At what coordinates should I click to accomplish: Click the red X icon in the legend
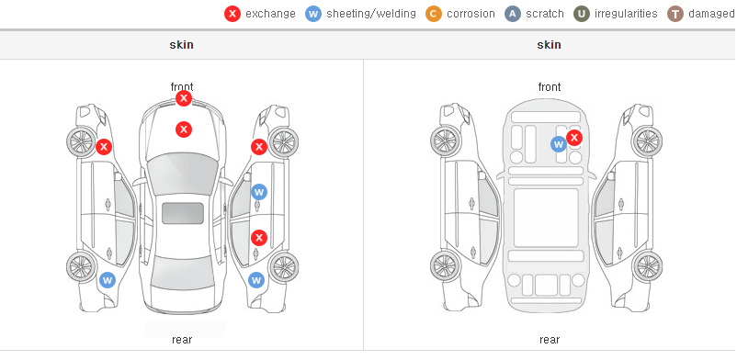click(x=232, y=14)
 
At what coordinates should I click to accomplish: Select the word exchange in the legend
click(x=270, y=14)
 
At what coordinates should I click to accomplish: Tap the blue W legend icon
click(x=313, y=14)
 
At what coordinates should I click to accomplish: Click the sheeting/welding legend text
click(x=371, y=14)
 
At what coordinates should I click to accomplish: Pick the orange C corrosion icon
click(x=434, y=14)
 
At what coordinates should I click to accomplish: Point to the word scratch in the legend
click(x=545, y=14)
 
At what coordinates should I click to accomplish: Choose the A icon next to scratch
click(x=513, y=14)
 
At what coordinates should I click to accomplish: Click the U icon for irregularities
click(x=582, y=14)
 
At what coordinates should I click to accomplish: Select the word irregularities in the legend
click(x=626, y=14)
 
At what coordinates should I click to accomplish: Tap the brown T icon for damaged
click(x=675, y=14)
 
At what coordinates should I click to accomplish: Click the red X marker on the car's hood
click(x=184, y=129)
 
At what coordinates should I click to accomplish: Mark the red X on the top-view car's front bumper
click(x=184, y=98)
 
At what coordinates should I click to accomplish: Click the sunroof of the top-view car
click(x=183, y=213)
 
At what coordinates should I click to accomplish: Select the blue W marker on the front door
click(x=259, y=192)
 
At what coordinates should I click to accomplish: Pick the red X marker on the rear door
click(x=259, y=237)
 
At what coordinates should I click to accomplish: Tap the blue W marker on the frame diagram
click(x=559, y=144)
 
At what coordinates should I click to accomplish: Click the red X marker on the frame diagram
click(x=574, y=138)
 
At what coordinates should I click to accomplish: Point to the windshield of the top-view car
click(x=183, y=174)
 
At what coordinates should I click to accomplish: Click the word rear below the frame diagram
click(x=550, y=340)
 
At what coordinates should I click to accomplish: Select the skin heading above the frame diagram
click(x=549, y=45)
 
